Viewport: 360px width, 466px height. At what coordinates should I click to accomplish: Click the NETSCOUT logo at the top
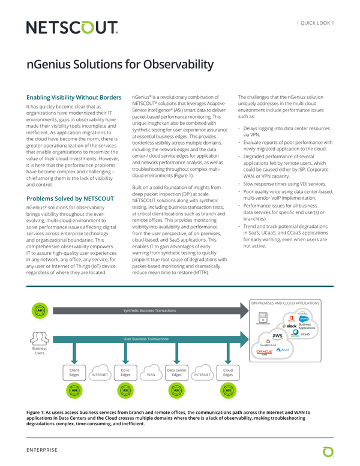click(x=72, y=28)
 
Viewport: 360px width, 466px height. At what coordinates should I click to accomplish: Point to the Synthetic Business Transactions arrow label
click(x=150, y=310)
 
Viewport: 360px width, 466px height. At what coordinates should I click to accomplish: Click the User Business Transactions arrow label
click(x=145, y=339)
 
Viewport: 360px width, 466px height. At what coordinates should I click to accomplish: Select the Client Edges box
click(x=74, y=373)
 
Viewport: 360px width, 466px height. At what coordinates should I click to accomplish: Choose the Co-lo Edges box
click(x=125, y=373)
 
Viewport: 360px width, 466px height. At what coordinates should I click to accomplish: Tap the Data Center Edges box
click(x=176, y=373)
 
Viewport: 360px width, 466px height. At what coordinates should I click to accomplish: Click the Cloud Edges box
click(x=228, y=373)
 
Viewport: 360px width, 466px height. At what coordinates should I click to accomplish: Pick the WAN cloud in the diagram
click(x=151, y=375)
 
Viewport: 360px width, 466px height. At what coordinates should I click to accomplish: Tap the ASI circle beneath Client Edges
click(x=74, y=390)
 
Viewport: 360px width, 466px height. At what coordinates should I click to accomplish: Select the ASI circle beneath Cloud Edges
click(x=228, y=390)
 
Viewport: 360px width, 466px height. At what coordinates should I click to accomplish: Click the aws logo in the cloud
click(x=277, y=336)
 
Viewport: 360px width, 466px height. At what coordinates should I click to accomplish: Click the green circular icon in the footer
click(x=328, y=450)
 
